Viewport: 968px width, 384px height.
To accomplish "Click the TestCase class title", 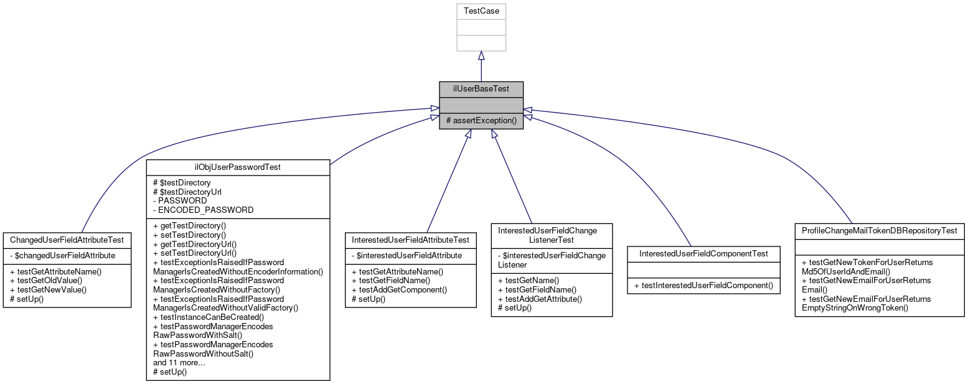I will [x=481, y=11].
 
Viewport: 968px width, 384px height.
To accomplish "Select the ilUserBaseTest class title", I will [x=481, y=89].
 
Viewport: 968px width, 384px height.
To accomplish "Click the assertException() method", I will [x=481, y=119].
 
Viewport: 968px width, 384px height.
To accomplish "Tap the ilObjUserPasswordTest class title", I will [x=238, y=167].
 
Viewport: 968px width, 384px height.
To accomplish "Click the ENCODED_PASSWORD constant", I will [x=203, y=210].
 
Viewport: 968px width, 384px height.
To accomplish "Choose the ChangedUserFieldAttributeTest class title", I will [x=67, y=240].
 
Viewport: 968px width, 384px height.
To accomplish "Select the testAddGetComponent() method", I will [x=399, y=289].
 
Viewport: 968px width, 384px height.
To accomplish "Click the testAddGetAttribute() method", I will [x=540, y=299].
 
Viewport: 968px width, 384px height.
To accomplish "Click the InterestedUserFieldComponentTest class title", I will [x=703, y=253].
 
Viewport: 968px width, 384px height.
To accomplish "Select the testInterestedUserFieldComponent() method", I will [x=703, y=286].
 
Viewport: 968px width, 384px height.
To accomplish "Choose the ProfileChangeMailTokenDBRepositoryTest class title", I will [x=880, y=231].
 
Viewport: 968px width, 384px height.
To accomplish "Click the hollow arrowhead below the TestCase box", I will [x=481, y=56].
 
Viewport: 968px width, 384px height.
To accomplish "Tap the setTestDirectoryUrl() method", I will [x=195, y=253].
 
